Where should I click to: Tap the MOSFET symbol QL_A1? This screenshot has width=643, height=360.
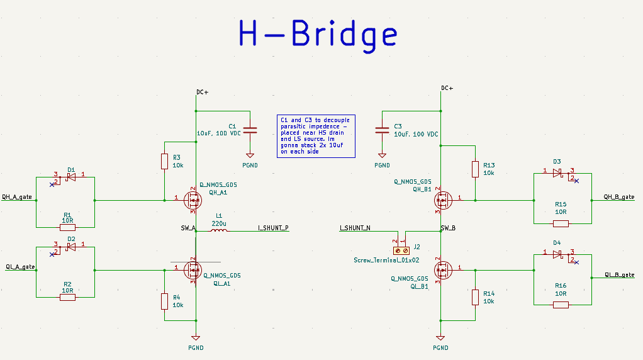click(193, 270)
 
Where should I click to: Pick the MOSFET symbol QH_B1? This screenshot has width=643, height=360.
click(443, 201)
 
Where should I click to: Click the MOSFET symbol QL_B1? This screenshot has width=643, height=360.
click(443, 270)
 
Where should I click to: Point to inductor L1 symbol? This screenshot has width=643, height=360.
click(218, 231)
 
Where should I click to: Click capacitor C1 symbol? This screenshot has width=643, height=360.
click(250, 131)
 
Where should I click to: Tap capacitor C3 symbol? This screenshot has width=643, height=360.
click(381, 131)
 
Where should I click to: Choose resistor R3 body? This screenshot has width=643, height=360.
click(164, 162)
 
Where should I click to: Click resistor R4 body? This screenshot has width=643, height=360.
click(164, 301)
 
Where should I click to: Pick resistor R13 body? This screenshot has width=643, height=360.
click(475, 169)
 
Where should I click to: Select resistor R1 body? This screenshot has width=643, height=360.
click(67, 227)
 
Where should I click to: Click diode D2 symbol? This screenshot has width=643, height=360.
click(71, 247)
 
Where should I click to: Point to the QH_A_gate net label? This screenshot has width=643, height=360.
click(17, 196)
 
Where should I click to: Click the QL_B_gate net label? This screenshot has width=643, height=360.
click(619, 275)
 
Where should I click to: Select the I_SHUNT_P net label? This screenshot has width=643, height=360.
click(273, 228)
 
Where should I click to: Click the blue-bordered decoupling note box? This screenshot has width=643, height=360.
click(316, 136)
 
